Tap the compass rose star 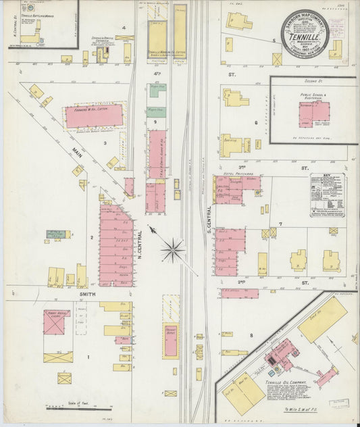point(173,251)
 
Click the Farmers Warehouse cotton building point(94,116)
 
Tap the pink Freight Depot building point(171,341)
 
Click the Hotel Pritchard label point(232,174)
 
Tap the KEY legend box point(327,195)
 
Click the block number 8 point(251,334)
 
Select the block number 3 point(105,143)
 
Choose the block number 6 point(257,122)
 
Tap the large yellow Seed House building point(322,319)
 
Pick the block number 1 point(87,356)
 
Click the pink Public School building point(314,113)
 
